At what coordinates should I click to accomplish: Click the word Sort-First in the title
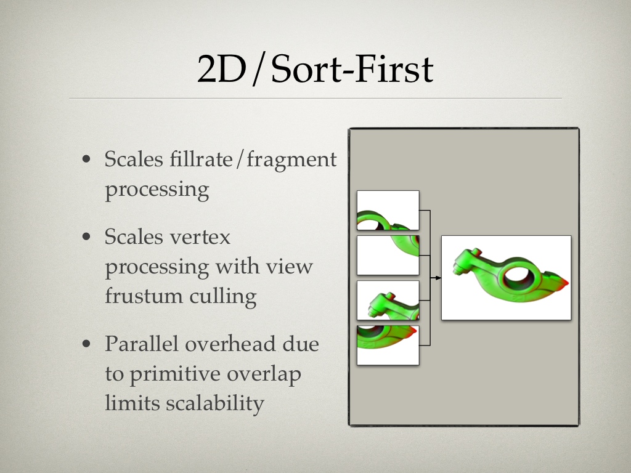[x=352, y=69]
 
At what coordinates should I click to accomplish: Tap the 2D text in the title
[x=221, y=69]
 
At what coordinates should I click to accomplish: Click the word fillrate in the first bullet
[x=201, y=159]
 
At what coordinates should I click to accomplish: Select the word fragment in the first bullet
[x=291, y=160]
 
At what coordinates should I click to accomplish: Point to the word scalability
[x=215, y=403]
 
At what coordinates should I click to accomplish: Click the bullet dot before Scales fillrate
[x=86, y=160]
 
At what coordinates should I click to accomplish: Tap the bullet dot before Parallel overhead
[x=86, y=344]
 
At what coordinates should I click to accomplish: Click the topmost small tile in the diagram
[x=388, y=211]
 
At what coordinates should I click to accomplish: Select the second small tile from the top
[x=388, y=256]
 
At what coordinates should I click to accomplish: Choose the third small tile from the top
[x=388, y=301]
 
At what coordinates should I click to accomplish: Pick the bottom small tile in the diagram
[x=388, y=346]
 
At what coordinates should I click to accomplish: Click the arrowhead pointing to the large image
[x=438, y=278]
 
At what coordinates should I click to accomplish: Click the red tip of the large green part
[x=563, y=281]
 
